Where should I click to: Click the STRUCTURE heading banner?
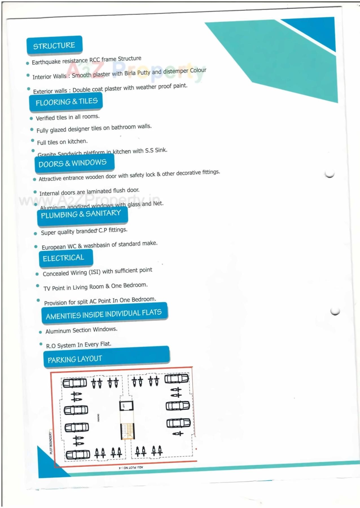pos(54,45)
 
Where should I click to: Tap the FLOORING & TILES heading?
pos(66,102)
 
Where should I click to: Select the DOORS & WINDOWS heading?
pos(73,163)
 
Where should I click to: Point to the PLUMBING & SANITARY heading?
pos(81,214)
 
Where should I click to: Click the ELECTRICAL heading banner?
pos(64,258)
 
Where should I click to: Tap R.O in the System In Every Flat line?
pos(51,346)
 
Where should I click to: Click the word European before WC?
pos(54,247)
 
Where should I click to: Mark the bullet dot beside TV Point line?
pos(38,286)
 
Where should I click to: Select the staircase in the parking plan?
pos(128,431)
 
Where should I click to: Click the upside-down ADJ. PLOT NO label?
pos(131,468)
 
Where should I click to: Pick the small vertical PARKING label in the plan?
pos(98,418)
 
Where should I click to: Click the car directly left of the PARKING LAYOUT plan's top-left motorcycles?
pos(74,383)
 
